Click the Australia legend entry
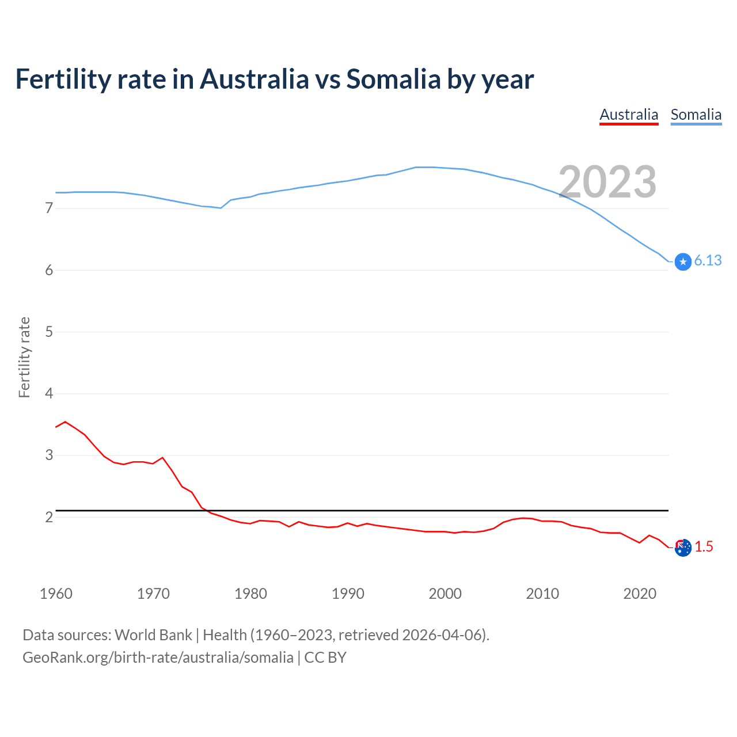(629, 115)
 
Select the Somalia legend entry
(696, 115)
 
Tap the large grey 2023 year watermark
(607, 182)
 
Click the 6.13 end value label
(708, 261)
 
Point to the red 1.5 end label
(704, 546)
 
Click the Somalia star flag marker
(683, 262)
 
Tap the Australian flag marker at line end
(683, 548)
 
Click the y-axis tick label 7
(49, 208)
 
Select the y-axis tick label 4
(49, 394)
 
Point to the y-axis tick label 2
(49, 517)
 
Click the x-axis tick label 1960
(56, 594)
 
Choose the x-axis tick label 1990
(348, 594)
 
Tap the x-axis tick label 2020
(640, 594)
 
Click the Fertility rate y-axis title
(24, 357)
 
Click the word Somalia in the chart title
(393, 79)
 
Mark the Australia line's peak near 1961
(65, 421)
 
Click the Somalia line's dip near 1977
(221, 208)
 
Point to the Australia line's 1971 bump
(162, 458)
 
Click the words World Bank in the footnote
(153, 635)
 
